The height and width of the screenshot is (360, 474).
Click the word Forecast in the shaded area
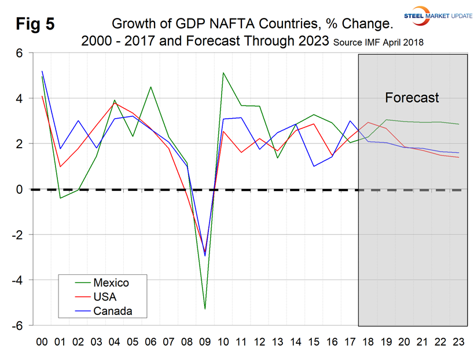click(x=412, y=97)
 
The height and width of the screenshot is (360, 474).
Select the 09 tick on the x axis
click(x=204, y=342)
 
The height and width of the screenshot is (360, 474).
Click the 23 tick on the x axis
click(x=458, y=342)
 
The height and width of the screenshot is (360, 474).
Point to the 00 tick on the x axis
click(x=42, y=342)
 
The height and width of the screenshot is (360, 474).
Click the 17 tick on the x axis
click(x=350, y=342)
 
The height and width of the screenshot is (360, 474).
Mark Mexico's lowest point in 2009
click(x=204, y=309)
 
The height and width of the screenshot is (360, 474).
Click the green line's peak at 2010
click(x=223, y=73)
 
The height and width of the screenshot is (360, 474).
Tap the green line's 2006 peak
click(x=150, y=87)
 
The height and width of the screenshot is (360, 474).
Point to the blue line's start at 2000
click(x=42, y=71)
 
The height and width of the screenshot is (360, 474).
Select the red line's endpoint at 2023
click(x=458, y=157)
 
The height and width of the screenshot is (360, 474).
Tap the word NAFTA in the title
click(x=214, y=24)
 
